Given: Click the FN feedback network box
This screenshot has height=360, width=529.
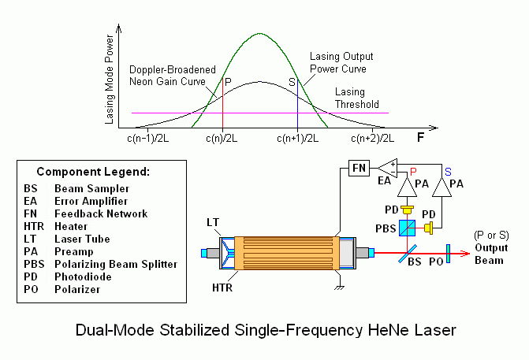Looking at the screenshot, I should click(x=359, y=168).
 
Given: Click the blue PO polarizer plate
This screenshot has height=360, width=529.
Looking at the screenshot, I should click(x=447, y=254).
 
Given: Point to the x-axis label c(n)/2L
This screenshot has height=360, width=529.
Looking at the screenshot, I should click(x=223, y=139).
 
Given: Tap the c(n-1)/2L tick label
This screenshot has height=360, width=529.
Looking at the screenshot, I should click(x=150, y=139).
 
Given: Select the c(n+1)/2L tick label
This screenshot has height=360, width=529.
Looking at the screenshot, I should click(x=297, y=139).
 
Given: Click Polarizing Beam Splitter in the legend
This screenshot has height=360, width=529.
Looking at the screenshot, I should click(x=116, y=264).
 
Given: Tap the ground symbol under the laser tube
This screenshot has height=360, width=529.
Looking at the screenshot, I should click(x=341, y=286).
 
